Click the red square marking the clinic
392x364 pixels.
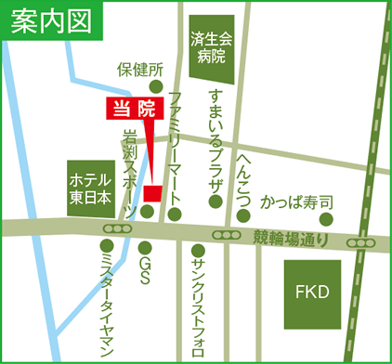pos(152,192)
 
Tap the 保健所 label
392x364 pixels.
pos(140,70)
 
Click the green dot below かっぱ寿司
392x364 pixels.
pos(326,219)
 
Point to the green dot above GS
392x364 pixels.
pos(144,248)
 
